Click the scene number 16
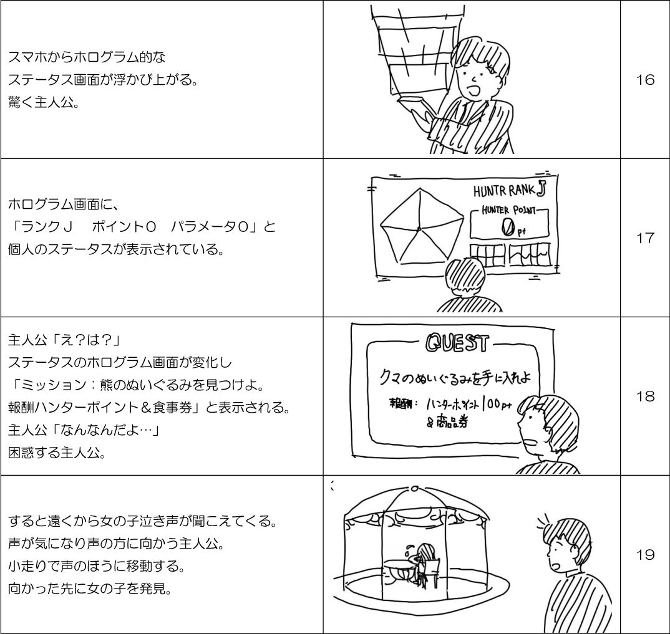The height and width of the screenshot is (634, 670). pyautogui.click(x=645, y=80)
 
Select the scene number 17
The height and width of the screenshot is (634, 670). pyautogui.click(x=645, y=238)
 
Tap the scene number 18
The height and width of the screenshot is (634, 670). pyautogui.click(x=645, y=396)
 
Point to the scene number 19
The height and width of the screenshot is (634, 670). pyautogui.click(x=645, y=554)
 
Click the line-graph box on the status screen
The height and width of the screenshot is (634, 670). pyautogui.click(x=530, y=253)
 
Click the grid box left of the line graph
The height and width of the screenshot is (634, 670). pyautogui.click(x=487, y=253)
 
